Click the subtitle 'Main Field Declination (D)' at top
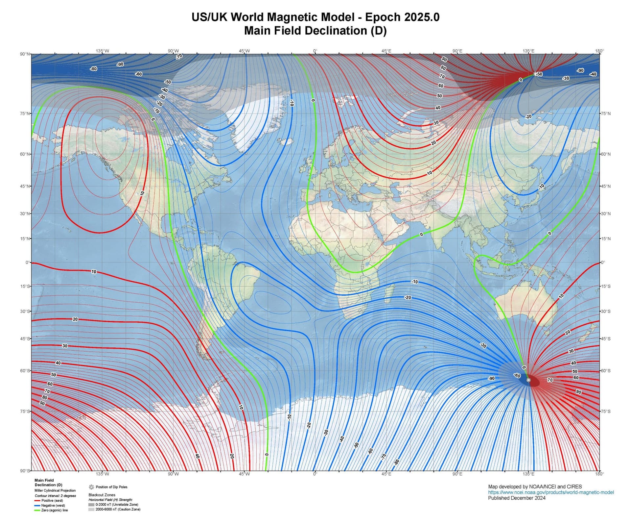tap(315, 31)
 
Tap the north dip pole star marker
tap(535, 74)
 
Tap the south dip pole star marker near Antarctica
tap(528, 380)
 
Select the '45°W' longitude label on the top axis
tap(244, 51)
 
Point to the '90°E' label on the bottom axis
tap(457, 474)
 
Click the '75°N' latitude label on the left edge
tap(25, 113)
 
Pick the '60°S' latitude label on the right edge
tap(605, 370)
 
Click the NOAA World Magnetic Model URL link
tap(551, 492)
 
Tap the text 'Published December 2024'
tap(517, 498)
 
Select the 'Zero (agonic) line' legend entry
tap(54, 510)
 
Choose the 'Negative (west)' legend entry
tap(53, 505)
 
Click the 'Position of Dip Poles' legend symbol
tap(91, 487)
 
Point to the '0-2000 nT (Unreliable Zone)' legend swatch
tap(91, 504)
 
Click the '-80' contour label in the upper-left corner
tap(94, 69)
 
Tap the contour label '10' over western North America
tap(142, 193)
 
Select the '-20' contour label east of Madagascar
tap(408, 297)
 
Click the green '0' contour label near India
tap(421, 235)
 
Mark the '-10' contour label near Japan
tap(542, 187)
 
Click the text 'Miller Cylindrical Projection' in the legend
tap(55, 490)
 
